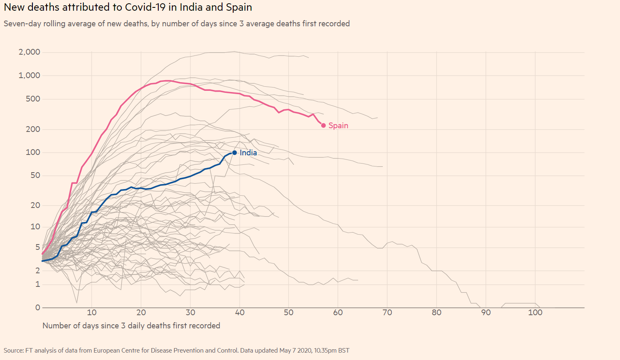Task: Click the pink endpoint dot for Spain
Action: (324, 125)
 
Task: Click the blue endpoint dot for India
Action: (235, 152)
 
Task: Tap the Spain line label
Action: (338, 125)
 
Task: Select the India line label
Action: (248, 152)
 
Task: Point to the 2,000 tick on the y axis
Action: (30, 52)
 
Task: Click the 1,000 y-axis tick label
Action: (30, 75)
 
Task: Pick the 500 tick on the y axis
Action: (33, 99)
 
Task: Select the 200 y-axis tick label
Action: (33, 129)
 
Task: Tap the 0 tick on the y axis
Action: (38, 307)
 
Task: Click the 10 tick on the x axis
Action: (92, 312)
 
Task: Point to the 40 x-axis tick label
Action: (240, 312)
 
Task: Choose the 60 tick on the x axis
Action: (338, 312)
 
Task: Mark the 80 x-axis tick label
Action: (437, 312)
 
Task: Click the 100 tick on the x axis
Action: (535, 312)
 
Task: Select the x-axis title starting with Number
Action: (131, 325)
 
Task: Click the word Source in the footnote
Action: (14, 351)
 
